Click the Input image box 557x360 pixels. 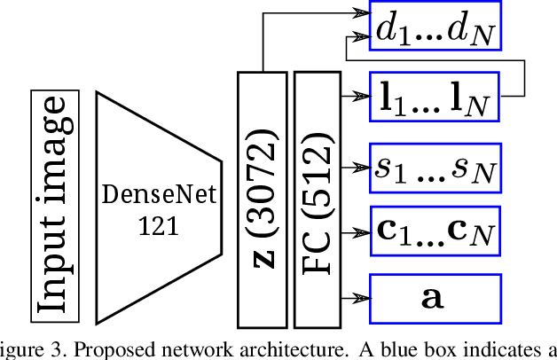tap(55, 204)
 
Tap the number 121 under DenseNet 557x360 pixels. tap(158, 226)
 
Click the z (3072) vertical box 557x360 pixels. tap(263, 198)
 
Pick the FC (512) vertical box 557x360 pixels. tap(317, 198)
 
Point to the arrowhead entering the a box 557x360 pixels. tap(361, 296)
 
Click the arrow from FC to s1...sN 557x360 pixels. tap(354, 166)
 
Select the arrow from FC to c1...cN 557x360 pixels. tap(354, 231)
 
